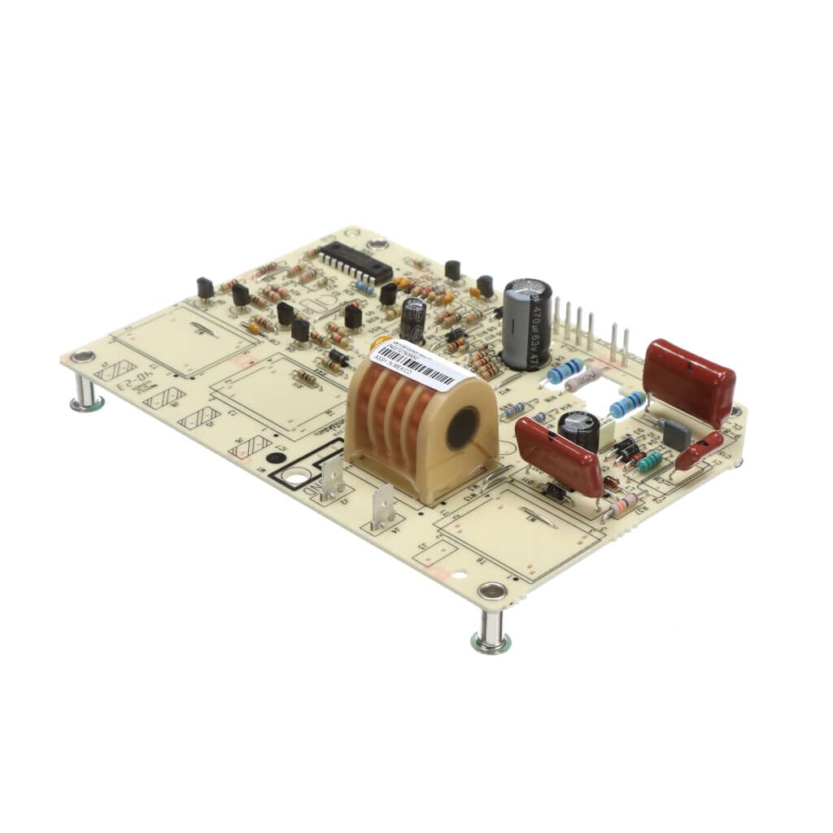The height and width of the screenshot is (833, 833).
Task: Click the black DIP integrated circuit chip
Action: tap(355, 262)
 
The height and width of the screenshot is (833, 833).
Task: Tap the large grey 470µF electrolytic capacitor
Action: tap(526, 324)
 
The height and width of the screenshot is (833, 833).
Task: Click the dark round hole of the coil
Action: tap(462, 427)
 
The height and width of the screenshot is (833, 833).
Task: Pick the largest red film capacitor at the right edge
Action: tap(689, 382)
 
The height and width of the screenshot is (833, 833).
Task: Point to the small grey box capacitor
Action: tap(676, 434)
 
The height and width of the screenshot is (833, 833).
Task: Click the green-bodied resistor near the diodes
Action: tap(649, 462)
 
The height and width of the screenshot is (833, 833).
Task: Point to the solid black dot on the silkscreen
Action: tap(277, 458)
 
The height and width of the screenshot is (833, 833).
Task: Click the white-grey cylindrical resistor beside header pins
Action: tap(583, 379)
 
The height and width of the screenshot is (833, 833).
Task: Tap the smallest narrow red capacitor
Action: tap(698, 451)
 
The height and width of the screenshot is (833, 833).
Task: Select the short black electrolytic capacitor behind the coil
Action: tap(412, 317)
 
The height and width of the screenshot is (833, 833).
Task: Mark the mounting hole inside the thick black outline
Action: tap(298, 475)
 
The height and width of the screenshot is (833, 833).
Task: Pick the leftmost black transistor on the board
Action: tap(205, 287)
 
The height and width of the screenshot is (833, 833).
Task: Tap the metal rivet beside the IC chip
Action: tap(377, 244)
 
